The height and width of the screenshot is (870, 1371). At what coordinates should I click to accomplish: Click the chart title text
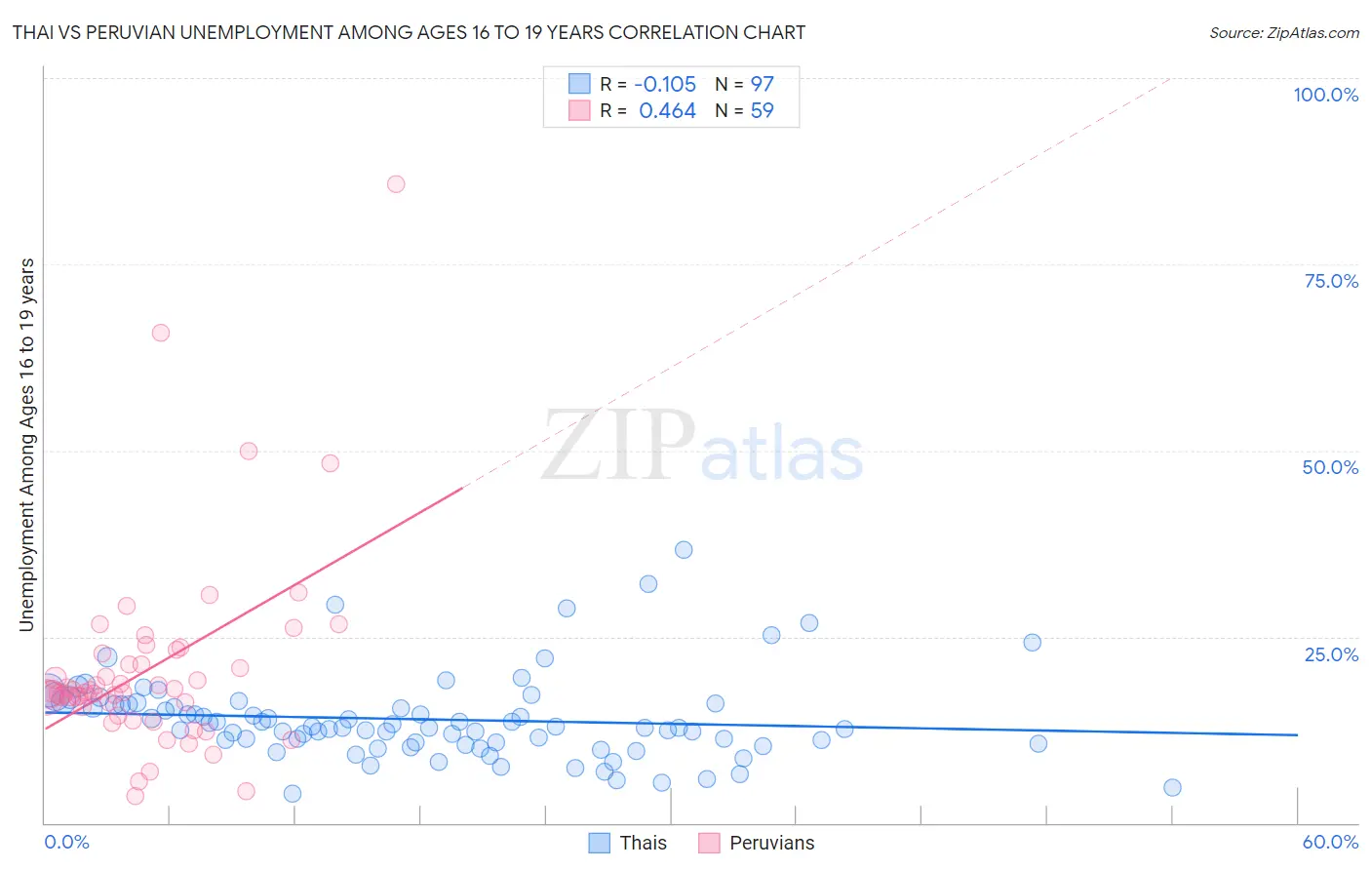(409, 32)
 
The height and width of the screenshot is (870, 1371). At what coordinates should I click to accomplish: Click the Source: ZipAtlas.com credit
(1283, 32)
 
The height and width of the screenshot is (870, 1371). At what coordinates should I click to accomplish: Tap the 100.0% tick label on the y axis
(1325, 95)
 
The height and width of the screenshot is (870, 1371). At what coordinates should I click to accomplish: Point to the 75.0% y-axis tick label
(1331, 281)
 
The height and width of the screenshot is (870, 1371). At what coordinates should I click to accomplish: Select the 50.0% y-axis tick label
(1330, 467)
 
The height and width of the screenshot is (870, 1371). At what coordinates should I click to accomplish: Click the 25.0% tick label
(1331, 654)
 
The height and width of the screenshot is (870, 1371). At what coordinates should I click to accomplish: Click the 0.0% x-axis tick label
(66, 842)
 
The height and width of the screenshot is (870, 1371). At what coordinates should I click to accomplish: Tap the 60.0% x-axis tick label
(1330, 842)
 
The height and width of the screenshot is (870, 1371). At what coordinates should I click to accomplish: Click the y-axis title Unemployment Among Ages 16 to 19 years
(27, 445)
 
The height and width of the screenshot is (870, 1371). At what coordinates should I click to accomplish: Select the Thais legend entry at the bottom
(643, 843)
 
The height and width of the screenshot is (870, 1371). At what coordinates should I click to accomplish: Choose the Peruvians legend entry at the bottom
(771, 843)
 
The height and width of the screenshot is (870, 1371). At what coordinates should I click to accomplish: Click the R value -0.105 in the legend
(665, 85)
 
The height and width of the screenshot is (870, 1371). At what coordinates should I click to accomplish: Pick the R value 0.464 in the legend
(667, 111)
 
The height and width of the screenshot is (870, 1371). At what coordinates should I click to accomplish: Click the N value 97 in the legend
(762, 85)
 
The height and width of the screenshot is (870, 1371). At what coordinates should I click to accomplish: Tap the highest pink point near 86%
(396, 184)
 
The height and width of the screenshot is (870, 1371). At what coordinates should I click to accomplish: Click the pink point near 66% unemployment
(161, 333)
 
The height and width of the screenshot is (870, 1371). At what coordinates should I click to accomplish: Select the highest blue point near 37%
(684, 550)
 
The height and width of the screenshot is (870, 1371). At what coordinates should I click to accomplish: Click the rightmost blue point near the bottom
(1172, 788)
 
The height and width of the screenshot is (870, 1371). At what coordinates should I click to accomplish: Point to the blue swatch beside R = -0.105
(579, 84)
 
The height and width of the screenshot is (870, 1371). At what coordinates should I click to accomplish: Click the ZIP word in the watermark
(618, 447)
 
